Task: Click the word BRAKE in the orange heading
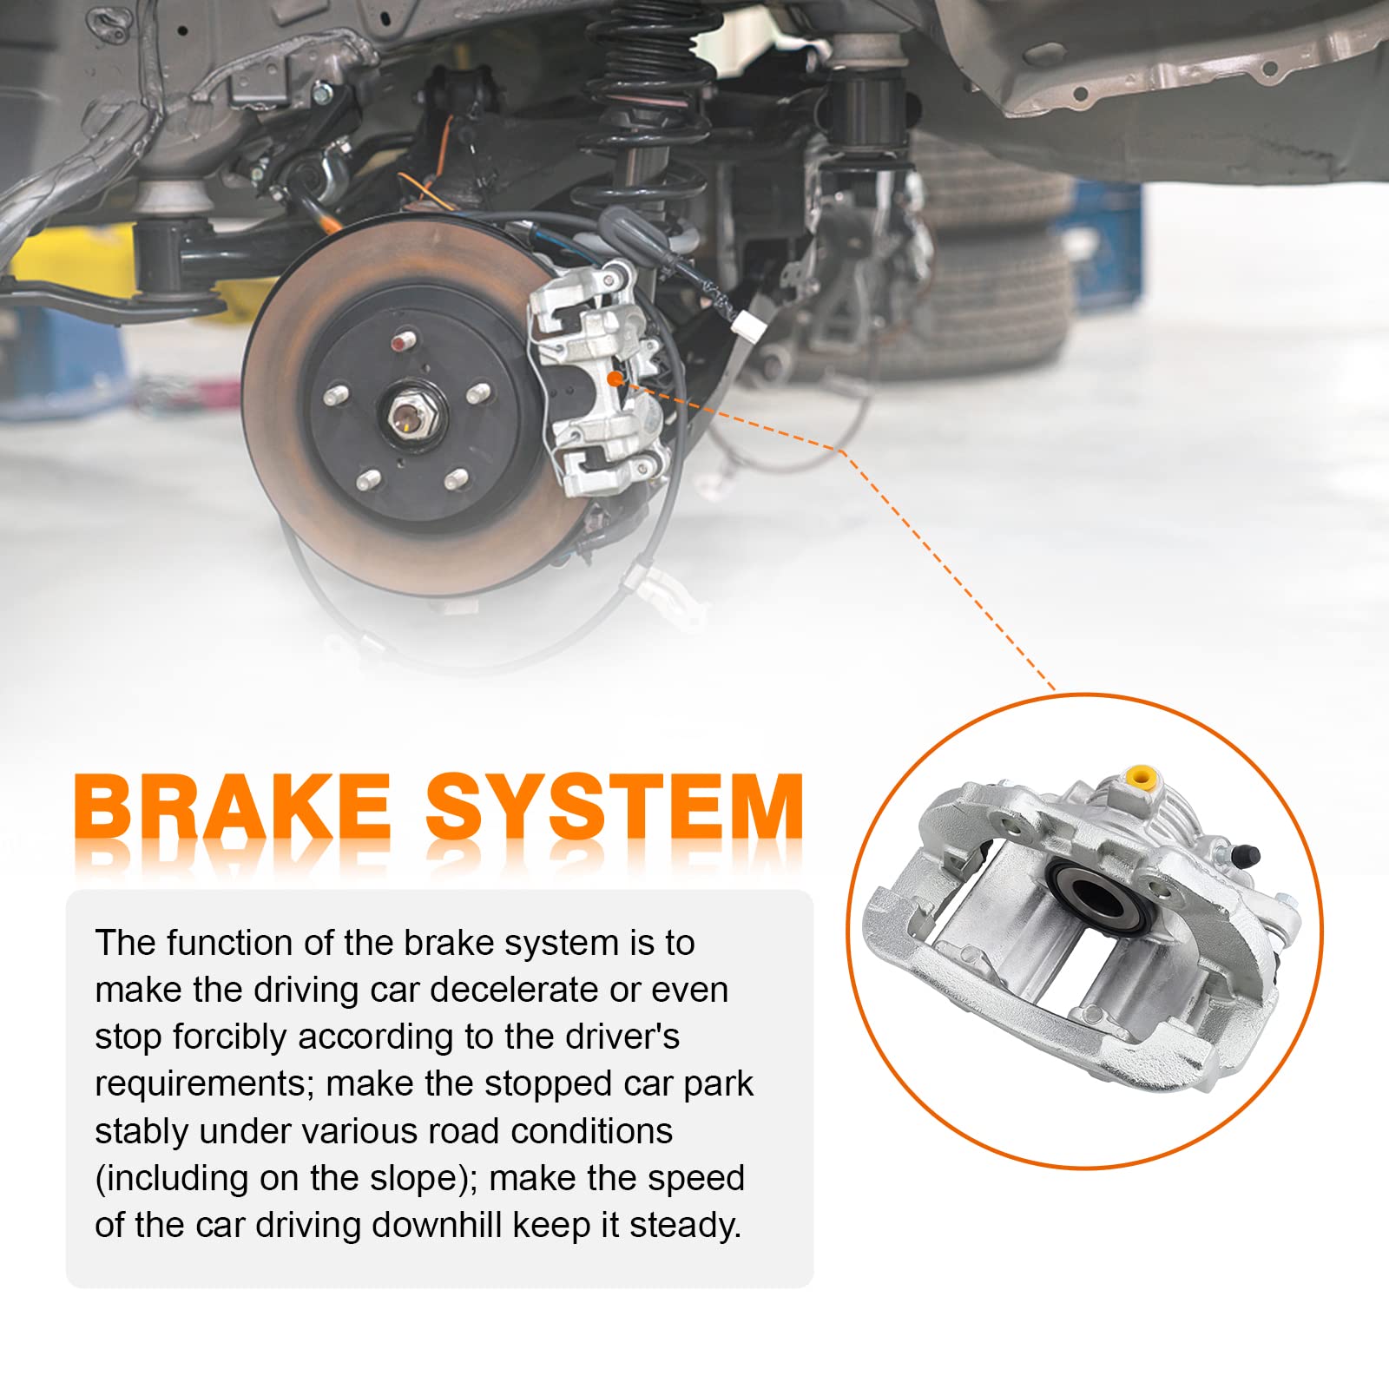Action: pyautogui.click(x=233, y=807)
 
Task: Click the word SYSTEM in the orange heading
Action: pyautogui.click(x=615, y=807)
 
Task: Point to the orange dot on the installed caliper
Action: pyautogui.click(x=615, y=378)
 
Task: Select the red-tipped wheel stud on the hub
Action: pyautogui.click(x=400, y=342)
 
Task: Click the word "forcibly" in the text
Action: pyautogui.click(x=229, y=1037)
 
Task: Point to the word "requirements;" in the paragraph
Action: pyautogui.click(x=205, y=1083)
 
